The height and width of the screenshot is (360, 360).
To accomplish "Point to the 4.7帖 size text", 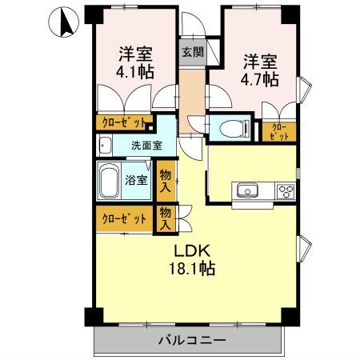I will tap(261, 79).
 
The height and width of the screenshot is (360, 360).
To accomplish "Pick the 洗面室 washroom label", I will tap(146, 146).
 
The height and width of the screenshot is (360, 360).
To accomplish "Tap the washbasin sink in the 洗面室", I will tap(105, 146).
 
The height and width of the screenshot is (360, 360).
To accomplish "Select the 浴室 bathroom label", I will tap(137, 180).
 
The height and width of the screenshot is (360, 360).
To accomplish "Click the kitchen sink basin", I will tap(246, 191).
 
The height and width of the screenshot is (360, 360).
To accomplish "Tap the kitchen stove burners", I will tap(285, 191).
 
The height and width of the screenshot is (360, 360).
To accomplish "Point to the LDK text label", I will tap(191, 250).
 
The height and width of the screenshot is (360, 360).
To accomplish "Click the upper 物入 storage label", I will tap(166, 180).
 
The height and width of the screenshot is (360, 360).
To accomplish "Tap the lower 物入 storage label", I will tap(166, 218).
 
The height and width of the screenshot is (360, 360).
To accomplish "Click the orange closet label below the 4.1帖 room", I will tap(124, 122).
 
